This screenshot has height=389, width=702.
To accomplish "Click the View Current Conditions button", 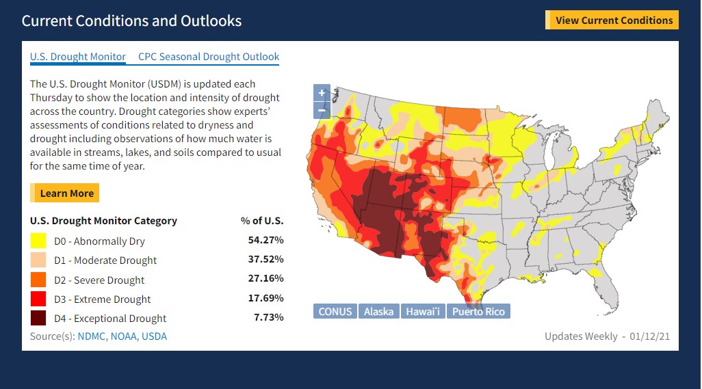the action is [612, 20].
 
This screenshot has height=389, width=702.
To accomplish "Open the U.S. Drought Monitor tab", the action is [78, 57].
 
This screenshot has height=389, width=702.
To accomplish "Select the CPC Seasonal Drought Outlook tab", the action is [209, 57].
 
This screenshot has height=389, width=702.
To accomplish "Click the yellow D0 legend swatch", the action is [38, 241].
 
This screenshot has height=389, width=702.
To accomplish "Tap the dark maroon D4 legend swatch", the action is [38, 318].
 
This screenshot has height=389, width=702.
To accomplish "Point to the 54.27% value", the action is [266, 240].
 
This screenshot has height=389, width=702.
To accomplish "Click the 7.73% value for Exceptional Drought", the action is [269, 317].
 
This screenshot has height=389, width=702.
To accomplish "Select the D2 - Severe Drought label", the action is [99, 280].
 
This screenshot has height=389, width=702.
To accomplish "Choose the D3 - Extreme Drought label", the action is [103, 299].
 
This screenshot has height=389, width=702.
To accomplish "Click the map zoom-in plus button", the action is [322, 93].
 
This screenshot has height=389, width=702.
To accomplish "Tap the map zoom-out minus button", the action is [322, 110].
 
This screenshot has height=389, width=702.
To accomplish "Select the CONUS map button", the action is [335, 311].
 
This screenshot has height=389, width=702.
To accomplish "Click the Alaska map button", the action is [379, 311].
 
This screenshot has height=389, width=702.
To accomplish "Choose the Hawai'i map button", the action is [423, 311].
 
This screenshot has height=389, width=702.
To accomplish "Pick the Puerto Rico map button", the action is [478, 311].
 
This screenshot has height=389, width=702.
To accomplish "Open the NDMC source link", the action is [91, 336].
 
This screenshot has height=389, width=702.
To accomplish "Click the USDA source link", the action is [154, 336].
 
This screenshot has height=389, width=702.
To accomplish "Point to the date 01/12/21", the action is [649, 336].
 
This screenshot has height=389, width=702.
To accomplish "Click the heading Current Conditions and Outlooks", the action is [131, 21].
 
